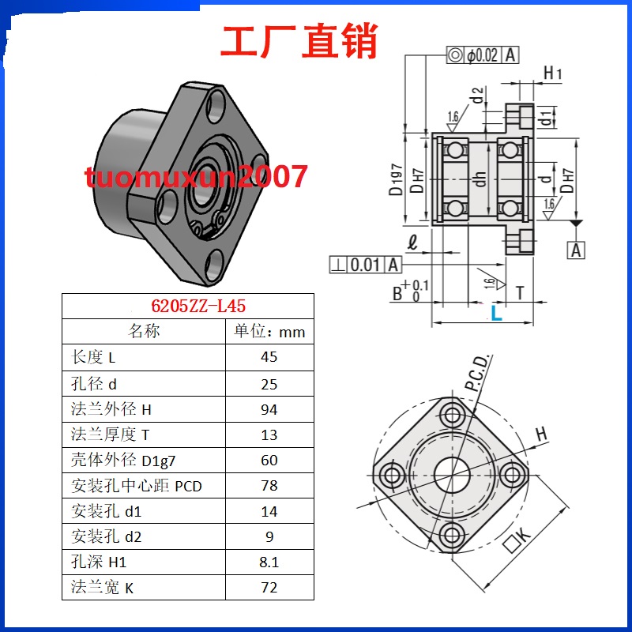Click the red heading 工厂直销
tap(299, 41)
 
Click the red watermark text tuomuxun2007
tap(197, 176)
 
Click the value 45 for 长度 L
tap(269, 357)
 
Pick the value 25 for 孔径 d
tap(269, 383)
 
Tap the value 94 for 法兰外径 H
tap(269, 409)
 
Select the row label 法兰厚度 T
tap(110, 434)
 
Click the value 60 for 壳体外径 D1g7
tap(269, 460)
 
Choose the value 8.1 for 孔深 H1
tap(269, 562)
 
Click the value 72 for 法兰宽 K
tap(269, 588)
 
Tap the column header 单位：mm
tap(269, 332)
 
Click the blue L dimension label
tap(496, 314)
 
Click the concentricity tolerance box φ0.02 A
tap(483, 55)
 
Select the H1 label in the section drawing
tap(552, 74)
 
